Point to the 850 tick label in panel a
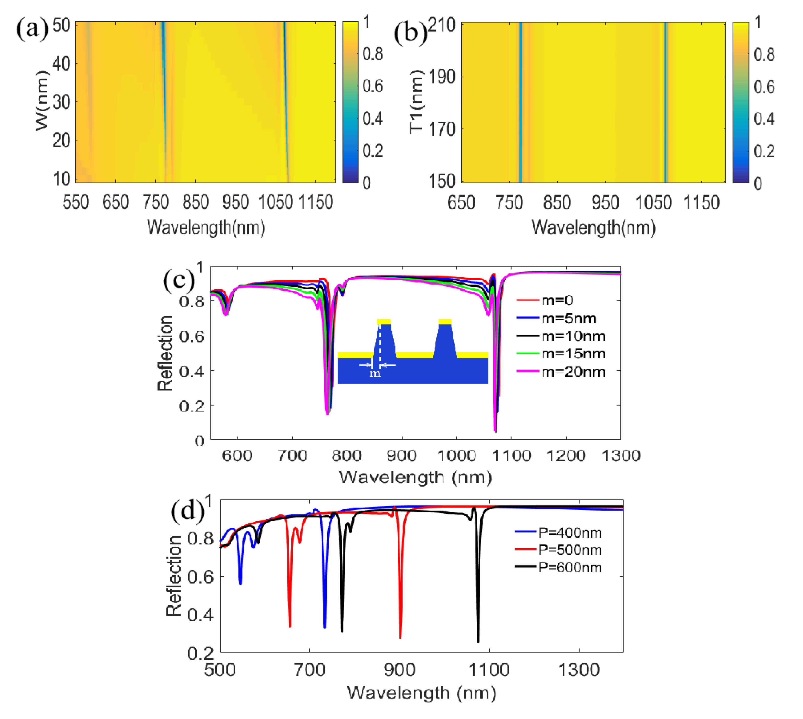[196, 203]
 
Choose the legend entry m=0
[557, 301]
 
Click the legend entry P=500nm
[570, 550]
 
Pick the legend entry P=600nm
[570, 568]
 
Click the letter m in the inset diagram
[375, 373]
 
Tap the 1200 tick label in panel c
[566, 456]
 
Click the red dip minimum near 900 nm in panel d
[400, 637]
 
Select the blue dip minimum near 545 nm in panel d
[240, 584]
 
